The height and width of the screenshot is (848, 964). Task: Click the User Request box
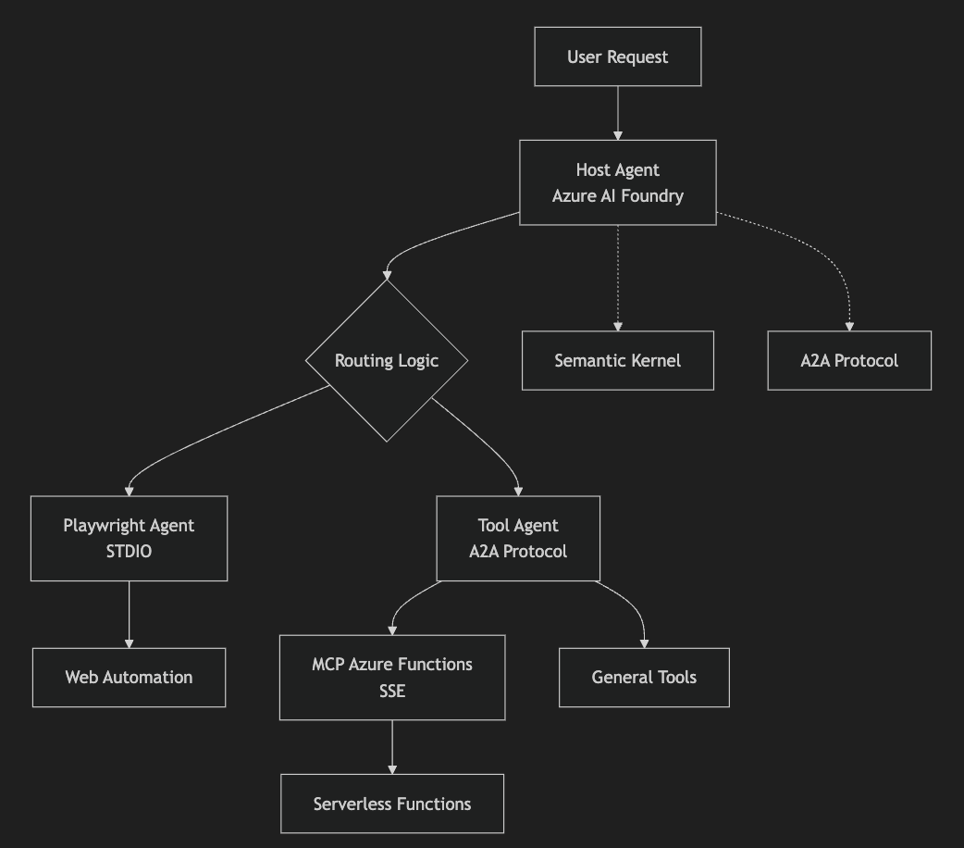click(617, 56)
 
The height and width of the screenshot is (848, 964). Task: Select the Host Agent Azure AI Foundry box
click(617, 182)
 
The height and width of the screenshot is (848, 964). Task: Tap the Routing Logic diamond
click(387, 360)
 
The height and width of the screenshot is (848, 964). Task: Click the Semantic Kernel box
click(617, 360)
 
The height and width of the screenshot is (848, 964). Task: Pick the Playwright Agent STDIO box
click(129, 538)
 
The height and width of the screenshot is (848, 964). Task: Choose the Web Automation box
click(129, 677)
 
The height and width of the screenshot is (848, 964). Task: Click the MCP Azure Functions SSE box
click(392, 677)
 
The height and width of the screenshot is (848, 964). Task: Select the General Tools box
click(644, 677)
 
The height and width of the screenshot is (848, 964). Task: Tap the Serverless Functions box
click(392, 804)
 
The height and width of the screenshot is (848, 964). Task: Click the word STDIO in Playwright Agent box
click(129, 552)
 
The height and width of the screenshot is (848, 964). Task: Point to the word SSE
click(392, 691)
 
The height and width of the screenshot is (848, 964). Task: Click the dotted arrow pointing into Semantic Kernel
click(617, 278)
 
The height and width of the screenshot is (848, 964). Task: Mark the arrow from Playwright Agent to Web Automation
click(129, 613)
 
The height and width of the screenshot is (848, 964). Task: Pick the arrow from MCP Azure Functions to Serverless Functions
click(392, 745)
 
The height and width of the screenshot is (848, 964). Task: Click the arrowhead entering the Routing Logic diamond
click(387, 275)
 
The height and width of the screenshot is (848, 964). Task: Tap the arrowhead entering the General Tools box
click(644, 642)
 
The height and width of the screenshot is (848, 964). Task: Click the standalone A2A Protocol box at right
click(848, 360)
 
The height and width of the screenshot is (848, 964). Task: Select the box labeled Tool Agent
click(517, 538)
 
